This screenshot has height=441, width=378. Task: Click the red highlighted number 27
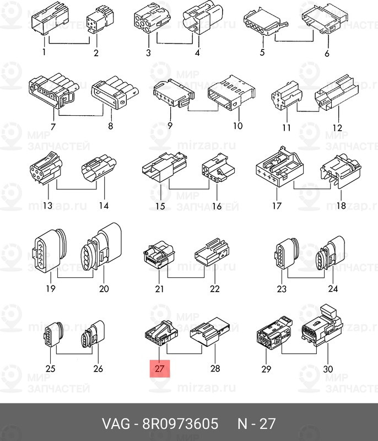tap(160, 368)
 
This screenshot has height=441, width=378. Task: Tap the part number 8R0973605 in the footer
tap(180, 424)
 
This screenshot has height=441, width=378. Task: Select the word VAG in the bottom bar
tap(116, 424)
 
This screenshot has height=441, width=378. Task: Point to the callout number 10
tap(237, 126)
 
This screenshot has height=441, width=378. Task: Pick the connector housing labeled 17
tap(280, 166)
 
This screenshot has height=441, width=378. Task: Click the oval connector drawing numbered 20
tap(101, 246)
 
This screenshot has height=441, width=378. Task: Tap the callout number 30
tap(328, 369)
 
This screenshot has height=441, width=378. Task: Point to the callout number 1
tap(44, 52)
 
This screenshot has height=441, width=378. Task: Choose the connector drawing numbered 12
tap(337, 92)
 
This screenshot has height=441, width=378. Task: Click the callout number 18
tap(341, 206)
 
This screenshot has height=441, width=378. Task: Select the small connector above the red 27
tap(161, 334)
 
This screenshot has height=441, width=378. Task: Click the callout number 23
tap(282, 288)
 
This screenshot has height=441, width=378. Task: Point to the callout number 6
tap(327, 53)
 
